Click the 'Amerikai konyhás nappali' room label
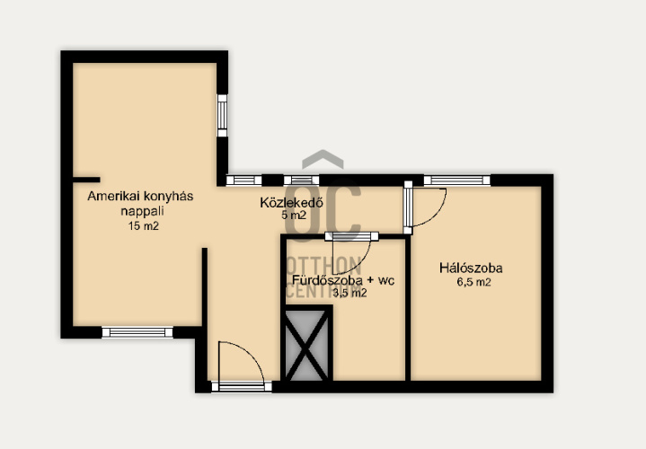[140, 203]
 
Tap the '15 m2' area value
[143, 226]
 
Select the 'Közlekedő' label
[291, 203]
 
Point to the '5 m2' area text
[294, 215]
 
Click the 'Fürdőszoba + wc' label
[343, 280]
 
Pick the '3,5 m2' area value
[350, 294]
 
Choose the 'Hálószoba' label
[471, 269]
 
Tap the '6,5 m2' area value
[473, 283]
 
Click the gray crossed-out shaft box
[307, 345]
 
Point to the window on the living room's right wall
[222, 115]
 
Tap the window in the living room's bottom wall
[137, 332]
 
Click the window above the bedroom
[457, 180]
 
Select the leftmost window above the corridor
[243, 180]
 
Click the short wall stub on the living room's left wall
[86, 180]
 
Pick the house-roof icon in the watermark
[323, 159]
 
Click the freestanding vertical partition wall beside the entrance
[204, 287]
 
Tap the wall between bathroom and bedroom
[408, 308]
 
